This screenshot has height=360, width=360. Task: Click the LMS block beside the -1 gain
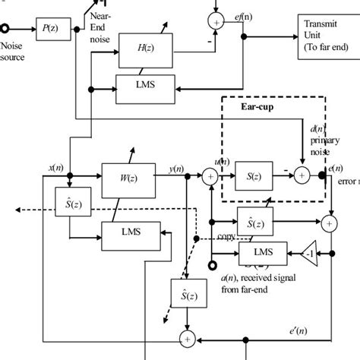264,252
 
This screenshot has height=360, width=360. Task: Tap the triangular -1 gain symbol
308,253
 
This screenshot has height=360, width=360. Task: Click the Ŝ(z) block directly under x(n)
69,205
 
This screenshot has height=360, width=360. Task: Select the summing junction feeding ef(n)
216,23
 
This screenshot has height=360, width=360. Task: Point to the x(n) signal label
55,167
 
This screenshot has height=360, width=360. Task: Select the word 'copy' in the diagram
226,238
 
